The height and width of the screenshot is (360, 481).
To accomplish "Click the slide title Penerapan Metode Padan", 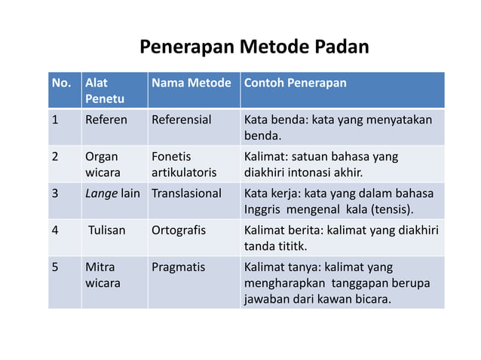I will pos(254,48).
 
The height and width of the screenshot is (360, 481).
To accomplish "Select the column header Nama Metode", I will pos(191,83).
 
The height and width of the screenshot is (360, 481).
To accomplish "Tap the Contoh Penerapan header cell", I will pos(295,83).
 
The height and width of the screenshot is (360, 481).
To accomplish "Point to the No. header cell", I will pos(61,83).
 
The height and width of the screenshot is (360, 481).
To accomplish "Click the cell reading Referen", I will pos(106,120).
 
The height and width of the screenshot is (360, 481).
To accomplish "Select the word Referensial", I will pos(182,120).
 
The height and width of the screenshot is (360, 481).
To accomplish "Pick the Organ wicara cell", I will pos(102,164).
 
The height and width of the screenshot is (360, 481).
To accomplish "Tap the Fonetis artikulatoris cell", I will pos(184,164).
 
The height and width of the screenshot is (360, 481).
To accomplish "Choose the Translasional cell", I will pos(186,194).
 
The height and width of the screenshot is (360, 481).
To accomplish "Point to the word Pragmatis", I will pos(178,267).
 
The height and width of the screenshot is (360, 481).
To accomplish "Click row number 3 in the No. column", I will pos(55,194).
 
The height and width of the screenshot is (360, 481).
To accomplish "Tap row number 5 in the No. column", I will pos(55,267).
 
